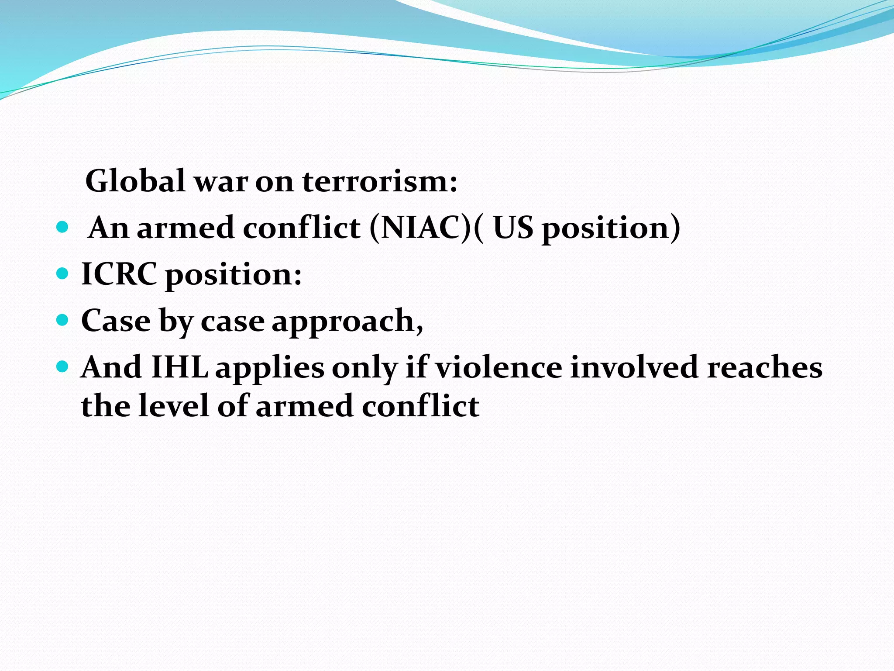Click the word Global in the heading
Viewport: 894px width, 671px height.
tap(136, 181)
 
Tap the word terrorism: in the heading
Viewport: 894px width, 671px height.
tap(380, 181)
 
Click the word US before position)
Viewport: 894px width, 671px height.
tap(513, 228)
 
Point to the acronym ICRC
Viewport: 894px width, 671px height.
tap(119, 274)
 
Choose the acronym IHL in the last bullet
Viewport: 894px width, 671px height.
tap(179, 367)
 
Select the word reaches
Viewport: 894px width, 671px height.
tap(764, 367)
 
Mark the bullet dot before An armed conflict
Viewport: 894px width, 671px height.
tap(63, 228)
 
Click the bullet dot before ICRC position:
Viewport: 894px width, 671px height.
tap(63, 274)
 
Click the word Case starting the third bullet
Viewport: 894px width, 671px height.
tap(116, 321)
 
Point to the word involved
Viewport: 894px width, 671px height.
tap(635, 367)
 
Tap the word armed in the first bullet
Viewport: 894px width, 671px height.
tap(186, 228)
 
